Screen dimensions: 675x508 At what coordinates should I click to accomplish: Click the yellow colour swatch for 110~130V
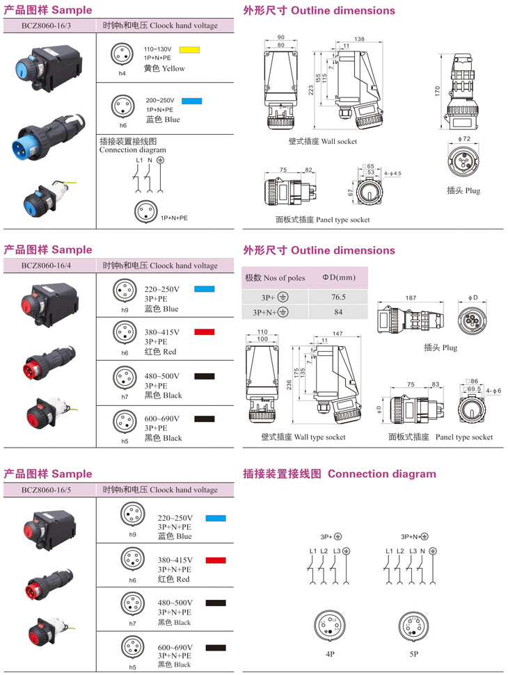189,50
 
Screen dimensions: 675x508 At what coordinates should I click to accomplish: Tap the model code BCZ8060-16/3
49,26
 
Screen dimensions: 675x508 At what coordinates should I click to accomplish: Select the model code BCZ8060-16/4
49,266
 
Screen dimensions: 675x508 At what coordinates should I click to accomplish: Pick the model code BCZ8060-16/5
49,490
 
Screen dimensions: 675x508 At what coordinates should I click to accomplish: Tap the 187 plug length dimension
411,298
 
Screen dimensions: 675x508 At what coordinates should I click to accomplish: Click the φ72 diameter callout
466,139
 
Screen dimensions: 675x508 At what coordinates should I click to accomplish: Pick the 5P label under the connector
413,653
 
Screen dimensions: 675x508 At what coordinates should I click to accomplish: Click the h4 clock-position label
122,73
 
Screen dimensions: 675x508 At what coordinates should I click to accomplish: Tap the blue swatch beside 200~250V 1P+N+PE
191,101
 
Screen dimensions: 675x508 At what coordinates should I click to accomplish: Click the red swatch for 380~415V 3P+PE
204,333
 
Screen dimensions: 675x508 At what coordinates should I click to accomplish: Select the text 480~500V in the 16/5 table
174,603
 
